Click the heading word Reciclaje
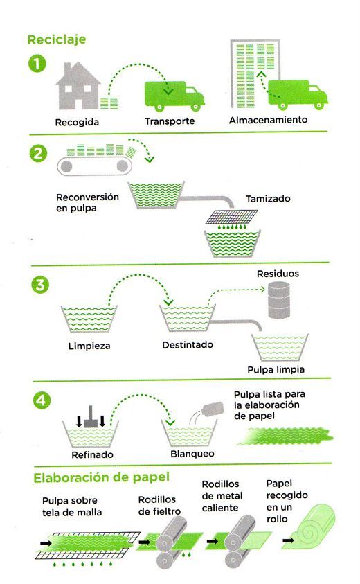(x=56, y=39)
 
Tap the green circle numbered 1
(x=37, y=66)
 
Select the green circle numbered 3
(x=37, y=285)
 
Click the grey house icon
(x=77, y=86)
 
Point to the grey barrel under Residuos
(x=280, y=300)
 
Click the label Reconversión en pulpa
(x=88, y=202)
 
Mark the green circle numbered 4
(x=37, y=401)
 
